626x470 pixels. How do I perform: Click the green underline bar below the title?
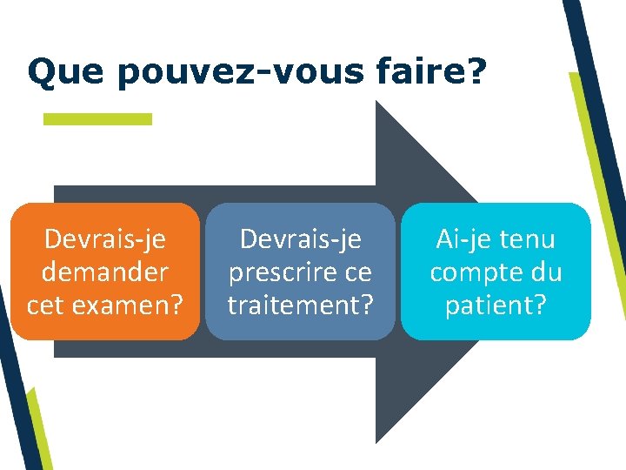tap(97, 118)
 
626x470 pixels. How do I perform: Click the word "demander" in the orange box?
tap(104, 272)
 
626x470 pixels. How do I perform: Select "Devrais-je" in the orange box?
tap(104, 238)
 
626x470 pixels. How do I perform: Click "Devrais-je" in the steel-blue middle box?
tap(300, 238)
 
